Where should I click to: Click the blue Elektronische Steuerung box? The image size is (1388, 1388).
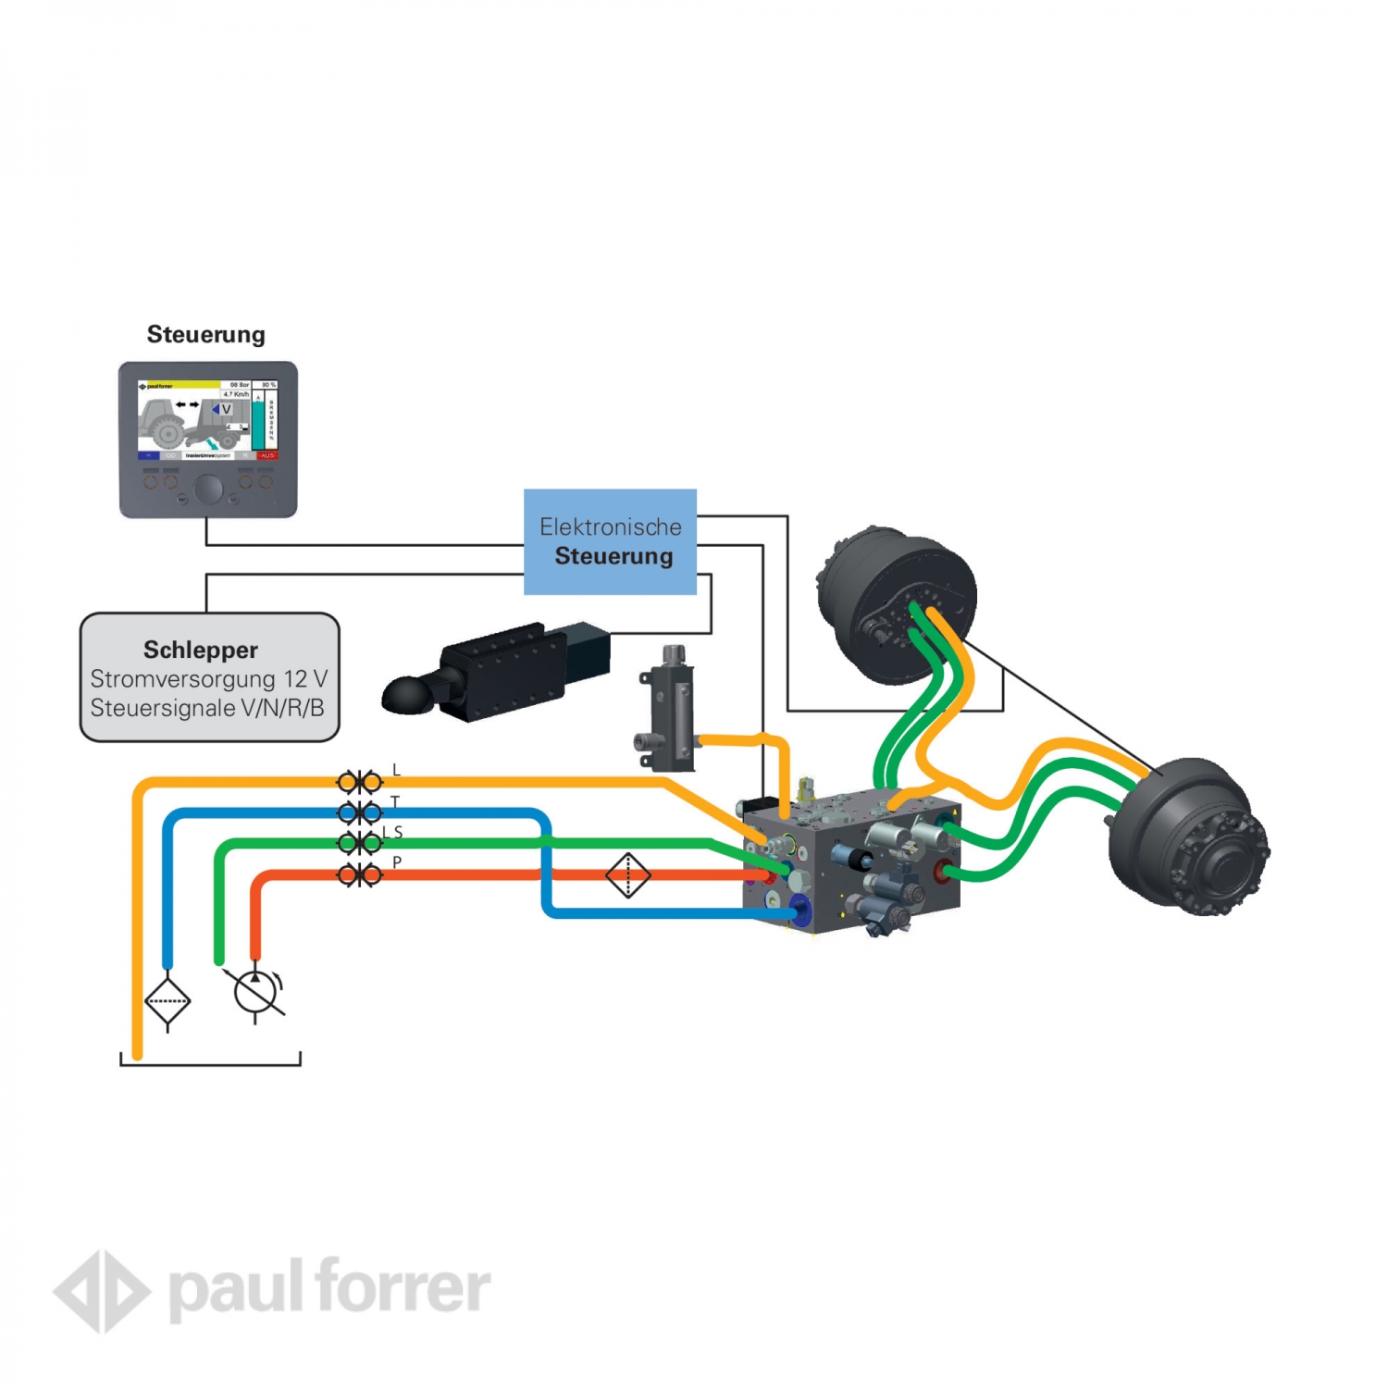(610, 541)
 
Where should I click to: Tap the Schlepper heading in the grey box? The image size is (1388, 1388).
(201, 650)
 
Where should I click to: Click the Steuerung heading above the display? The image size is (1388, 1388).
(205, 334)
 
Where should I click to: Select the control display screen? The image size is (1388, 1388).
(207, 419)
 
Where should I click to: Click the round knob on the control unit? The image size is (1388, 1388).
(208, 490)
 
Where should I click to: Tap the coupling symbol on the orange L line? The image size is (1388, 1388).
(359, 783)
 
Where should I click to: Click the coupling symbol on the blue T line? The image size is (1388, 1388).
(359, 813)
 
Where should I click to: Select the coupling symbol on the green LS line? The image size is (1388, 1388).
(359, 843)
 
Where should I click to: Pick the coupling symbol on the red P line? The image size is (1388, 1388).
(359, 874)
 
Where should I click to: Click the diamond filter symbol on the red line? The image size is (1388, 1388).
(628, 874)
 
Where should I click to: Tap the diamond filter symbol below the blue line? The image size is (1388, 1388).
(167, 1000)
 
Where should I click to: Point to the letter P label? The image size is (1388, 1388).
(397, 862)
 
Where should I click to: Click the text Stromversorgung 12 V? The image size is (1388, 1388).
(209, 679)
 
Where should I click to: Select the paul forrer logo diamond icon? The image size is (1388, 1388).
(102, 1292)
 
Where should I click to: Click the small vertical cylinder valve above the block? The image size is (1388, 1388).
(670, 708)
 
